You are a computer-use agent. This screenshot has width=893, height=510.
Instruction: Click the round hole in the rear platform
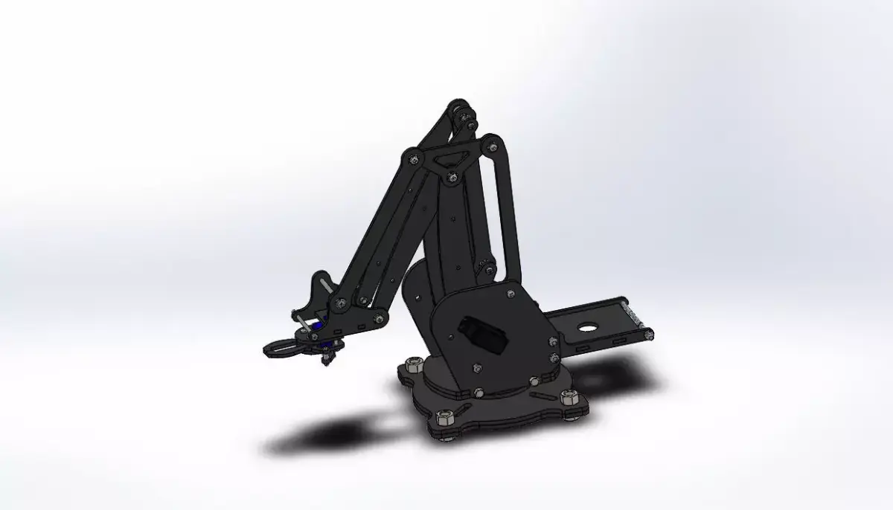point(588,326)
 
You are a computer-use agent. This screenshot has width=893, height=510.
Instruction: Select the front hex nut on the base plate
point(445,416)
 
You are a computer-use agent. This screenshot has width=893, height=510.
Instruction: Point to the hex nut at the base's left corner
point(412,364)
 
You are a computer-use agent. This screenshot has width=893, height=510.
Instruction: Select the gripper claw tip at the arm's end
point(272,346)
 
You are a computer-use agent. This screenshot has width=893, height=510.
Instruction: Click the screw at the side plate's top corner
point(510,296)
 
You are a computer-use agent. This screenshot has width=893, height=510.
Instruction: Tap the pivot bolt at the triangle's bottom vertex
point(452,176)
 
